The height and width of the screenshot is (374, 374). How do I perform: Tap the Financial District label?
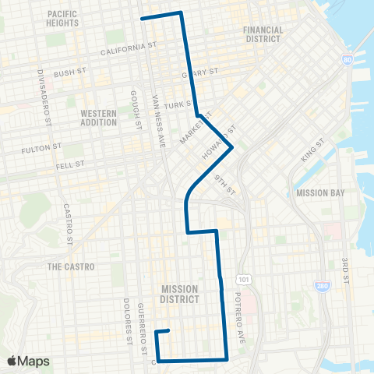coord(263,34)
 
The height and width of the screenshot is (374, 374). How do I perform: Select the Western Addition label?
coord(99,118)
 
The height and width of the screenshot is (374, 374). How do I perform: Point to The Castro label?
coord(70,266)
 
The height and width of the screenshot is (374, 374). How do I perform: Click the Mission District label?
coord(179,293)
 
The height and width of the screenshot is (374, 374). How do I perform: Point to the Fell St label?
coord(70,165)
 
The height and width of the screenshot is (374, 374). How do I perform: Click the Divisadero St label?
coord(45,97)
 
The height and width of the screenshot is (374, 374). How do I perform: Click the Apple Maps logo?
coord(28,361)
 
